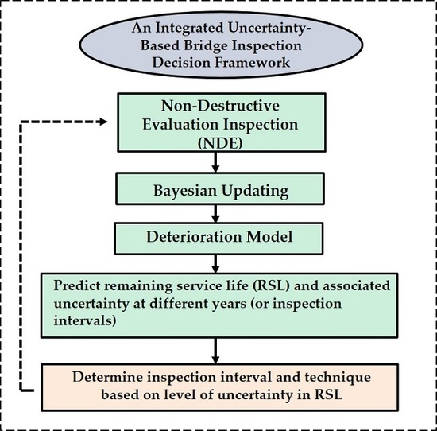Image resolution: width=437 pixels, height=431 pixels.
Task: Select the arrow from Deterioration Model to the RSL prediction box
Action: coord(216,262)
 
